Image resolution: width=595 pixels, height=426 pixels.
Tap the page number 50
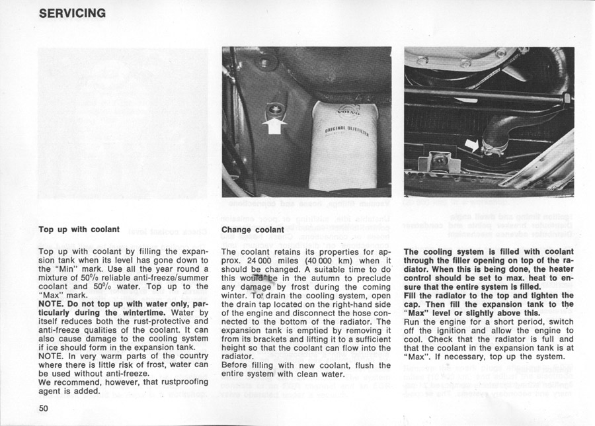[44, 407]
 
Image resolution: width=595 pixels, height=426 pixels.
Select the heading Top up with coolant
[79, 230]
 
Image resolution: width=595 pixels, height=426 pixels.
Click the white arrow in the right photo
[472, 144]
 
